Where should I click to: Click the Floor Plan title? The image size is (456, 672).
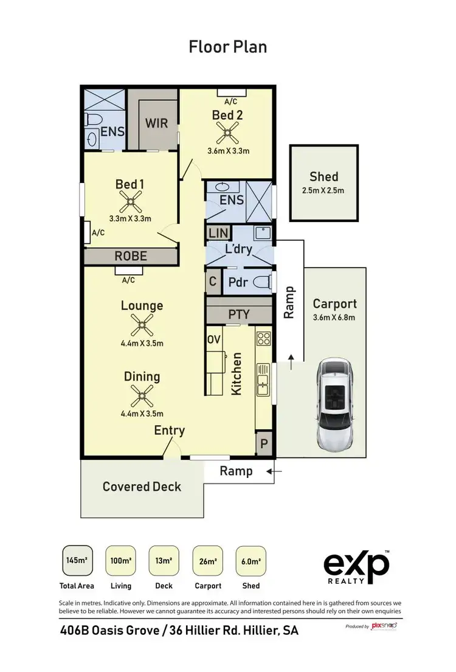tap(227, 47)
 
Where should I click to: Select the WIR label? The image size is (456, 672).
tap(156, 122)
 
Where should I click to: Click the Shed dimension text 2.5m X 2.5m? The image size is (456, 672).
tap(323, 190)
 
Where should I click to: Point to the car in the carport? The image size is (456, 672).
tap(334, 403)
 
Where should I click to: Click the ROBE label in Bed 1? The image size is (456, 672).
tap(131, 256)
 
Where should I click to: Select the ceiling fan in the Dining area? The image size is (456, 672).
tap(142, 396)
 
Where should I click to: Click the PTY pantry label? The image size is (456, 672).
tap(239, 315)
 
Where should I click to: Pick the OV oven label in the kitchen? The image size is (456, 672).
tap(213, 339)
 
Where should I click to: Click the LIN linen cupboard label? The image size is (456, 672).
tap(216, 233)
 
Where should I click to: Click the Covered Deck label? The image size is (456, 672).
tap(142, 487)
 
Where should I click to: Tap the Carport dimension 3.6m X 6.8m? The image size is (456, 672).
tap(334, 317)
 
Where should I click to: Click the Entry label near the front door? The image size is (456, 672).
tap(169, 431)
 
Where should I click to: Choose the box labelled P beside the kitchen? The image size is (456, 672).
tap(264, 444)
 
